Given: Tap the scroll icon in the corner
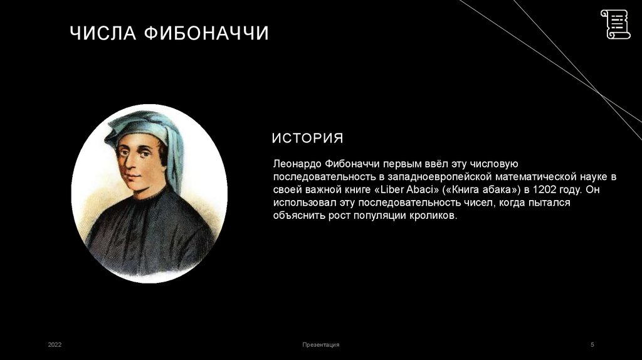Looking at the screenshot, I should coord(615,24).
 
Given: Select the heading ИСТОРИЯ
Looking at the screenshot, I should coord(307,138).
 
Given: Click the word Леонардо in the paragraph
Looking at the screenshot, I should coord(297,163).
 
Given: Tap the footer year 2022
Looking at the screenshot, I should coord(55,345).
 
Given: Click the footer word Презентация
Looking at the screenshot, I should coord(320,345).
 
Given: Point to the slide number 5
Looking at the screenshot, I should coord(592,345).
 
